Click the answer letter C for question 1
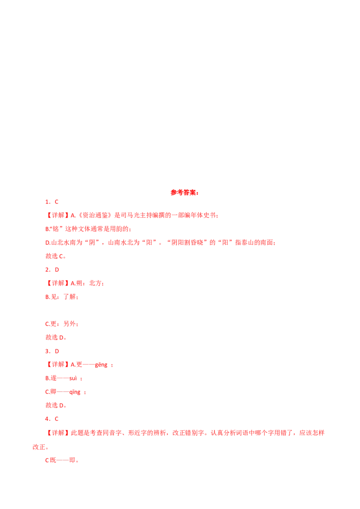pos(57,202)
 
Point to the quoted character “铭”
pos(56,229)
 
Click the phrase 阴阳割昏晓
pos(187,242)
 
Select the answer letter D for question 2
pos(57,270)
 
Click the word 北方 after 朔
pos(95,283)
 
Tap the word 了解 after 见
pos(70,297)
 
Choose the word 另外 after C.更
pos(70,324)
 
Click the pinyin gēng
pos(101,365)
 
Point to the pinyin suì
pos(73,378)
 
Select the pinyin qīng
pos(75,392)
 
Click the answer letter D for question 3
pos(57,351)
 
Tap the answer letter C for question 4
pos(57,419)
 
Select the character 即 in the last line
pos(72,460)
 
